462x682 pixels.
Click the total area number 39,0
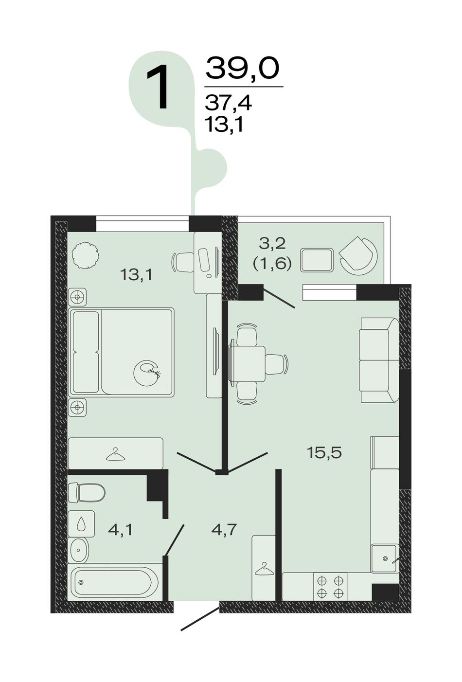(x=242, y=68)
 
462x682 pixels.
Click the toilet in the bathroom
(x=87, y=492)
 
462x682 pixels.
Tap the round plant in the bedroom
(x=86, y=255)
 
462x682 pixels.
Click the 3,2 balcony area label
(x=272, y=244)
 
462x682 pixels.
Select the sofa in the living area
(x=379, y=360)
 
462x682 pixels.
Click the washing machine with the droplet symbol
(x=81, y=524)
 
